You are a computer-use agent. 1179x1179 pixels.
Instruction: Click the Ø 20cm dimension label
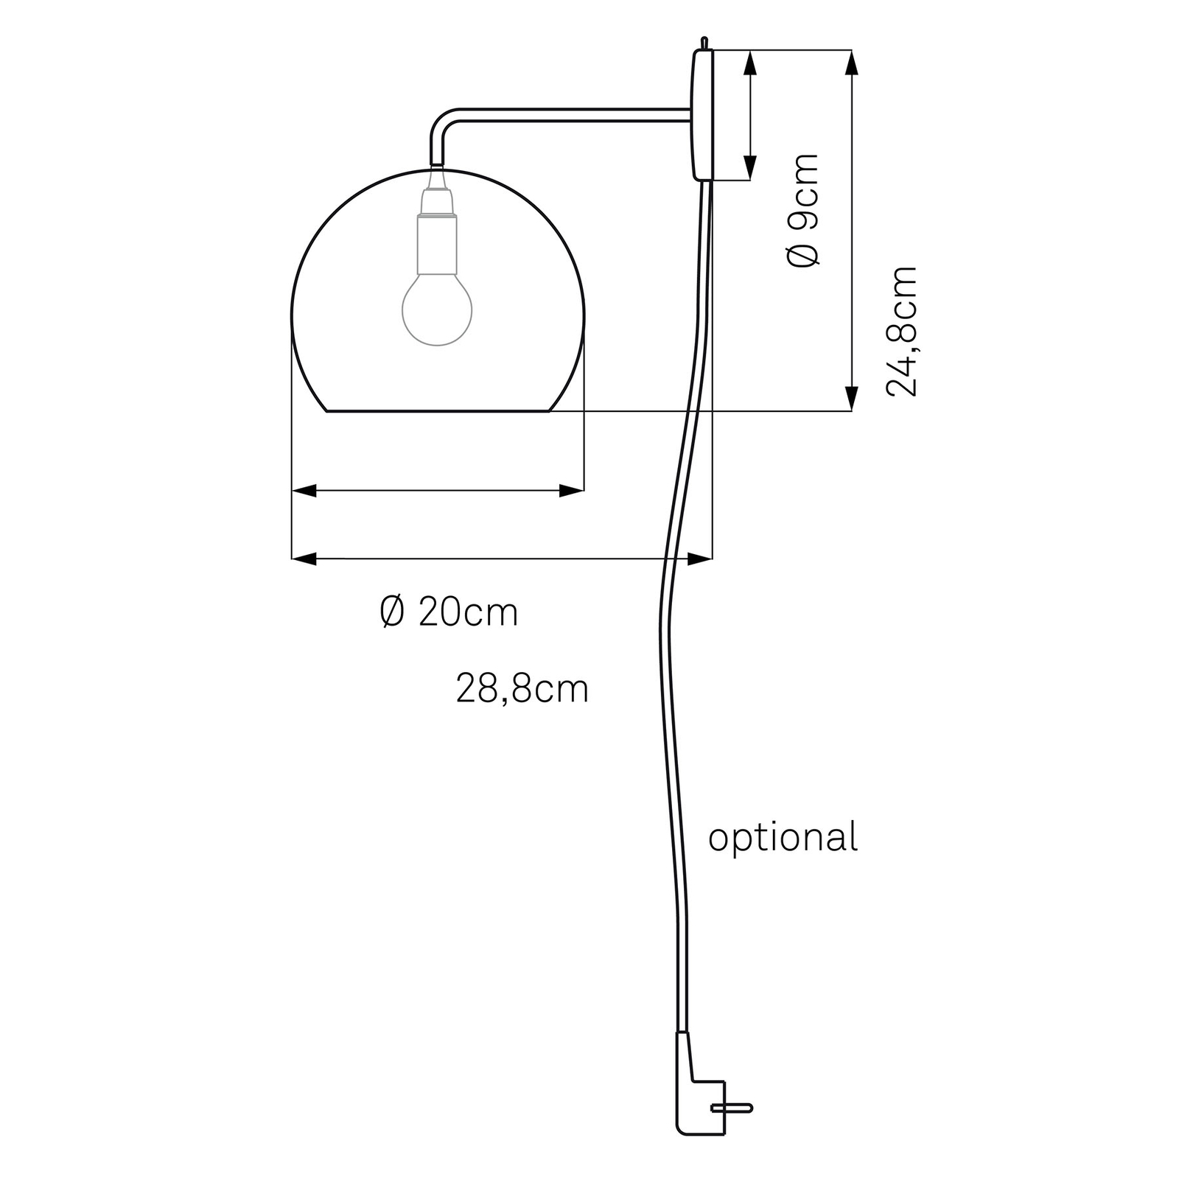449,612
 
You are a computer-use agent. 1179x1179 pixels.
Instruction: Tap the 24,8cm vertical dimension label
902,332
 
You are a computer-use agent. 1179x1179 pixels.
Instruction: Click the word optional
783,838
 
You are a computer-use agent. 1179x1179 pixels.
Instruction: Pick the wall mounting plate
702,115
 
